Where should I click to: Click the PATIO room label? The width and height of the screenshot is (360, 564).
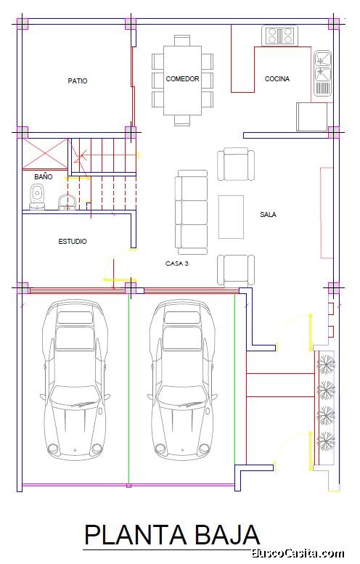pos(78,81)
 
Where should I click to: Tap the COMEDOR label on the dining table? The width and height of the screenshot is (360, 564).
pos(182,79)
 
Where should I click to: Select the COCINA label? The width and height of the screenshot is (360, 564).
pos(277,79)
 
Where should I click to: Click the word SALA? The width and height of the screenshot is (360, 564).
pos(268,215)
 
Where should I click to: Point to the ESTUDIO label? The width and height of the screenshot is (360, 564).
pos(73,242)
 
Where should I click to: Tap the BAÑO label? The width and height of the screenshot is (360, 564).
pos(43,176)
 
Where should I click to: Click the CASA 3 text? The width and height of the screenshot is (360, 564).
pos(176,263)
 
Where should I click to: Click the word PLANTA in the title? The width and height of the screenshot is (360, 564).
pos(136,535)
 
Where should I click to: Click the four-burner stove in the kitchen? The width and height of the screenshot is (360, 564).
pos(280,36)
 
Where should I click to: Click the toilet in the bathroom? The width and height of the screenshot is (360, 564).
pos(37,197)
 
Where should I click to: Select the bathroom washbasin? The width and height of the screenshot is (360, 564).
pos(67,202)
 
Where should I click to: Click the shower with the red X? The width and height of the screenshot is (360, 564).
pos(45,154)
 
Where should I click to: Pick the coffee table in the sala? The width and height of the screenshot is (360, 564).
pos(231,217)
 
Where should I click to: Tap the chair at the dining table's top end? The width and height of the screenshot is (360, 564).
pos(182,41)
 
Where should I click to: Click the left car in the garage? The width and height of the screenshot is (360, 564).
pos(75,380)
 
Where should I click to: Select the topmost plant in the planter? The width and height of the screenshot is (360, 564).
pos(326,364)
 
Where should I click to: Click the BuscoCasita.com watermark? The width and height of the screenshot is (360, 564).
pos(298,553)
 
